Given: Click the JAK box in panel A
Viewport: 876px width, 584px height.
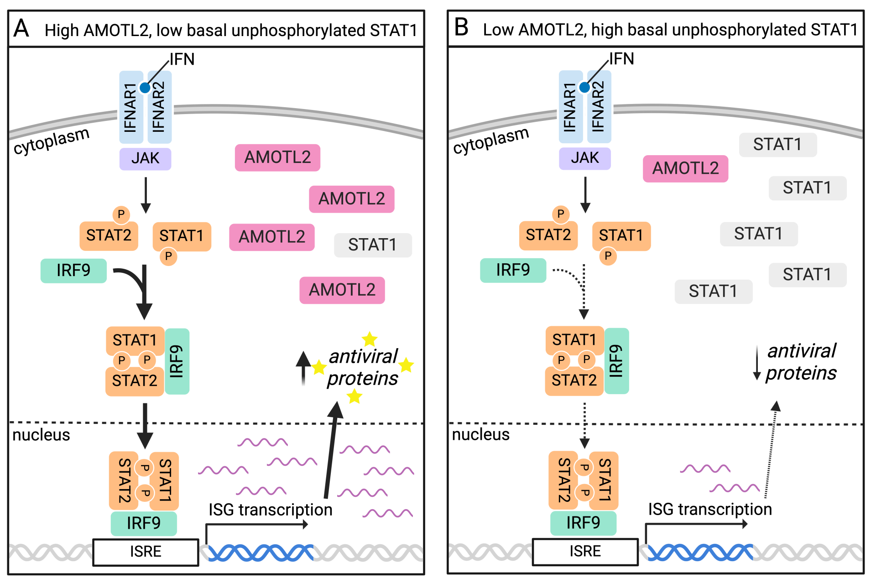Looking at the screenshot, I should click(145, 158).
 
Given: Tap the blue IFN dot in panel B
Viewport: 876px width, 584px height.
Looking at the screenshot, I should click(584, 87).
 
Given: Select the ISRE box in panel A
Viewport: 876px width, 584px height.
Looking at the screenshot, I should click(146, 552).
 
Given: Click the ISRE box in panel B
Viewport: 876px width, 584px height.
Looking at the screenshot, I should click(585, 551).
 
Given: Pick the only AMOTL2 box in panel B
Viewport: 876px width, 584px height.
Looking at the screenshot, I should click(685, 168).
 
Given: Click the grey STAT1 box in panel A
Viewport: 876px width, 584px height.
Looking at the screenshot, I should click(372, 245).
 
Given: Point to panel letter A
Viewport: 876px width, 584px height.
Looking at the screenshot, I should click(21, 28).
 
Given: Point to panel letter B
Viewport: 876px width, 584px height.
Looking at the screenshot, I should click(461, 27).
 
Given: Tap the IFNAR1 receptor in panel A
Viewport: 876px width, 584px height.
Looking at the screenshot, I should click(130, 108).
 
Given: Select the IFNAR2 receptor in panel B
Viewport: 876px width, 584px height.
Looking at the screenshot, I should click(598, 107).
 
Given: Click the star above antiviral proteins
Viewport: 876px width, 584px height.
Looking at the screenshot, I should click(369, 339).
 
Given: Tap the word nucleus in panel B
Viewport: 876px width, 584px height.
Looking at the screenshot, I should click(480, 435).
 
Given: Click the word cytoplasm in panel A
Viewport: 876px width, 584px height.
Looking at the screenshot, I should click(51, 141).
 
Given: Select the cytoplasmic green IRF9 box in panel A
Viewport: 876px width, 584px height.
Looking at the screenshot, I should click(73, 271).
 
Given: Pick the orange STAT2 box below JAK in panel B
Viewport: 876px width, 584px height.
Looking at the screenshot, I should click(548, 235).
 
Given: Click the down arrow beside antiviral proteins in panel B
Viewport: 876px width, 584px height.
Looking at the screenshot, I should click(756, 363).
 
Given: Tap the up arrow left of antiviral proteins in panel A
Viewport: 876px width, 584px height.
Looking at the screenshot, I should click(303, 368).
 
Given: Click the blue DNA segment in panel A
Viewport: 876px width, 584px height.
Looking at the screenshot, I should click(261, 553).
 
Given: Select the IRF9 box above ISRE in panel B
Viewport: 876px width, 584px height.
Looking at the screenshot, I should click(583, 523).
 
